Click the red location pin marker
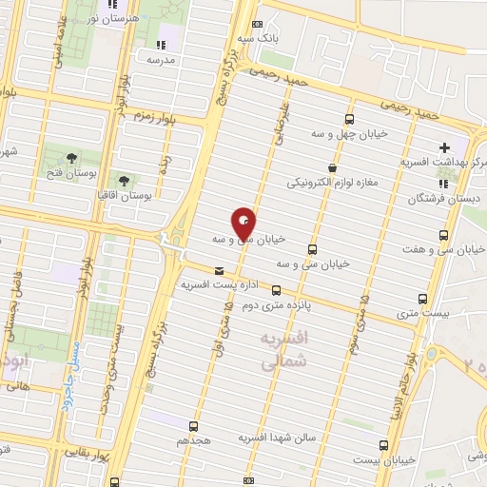click(x=244, y=223)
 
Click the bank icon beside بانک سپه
click(x=256, y=26)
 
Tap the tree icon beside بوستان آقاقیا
click(x=123, y=180)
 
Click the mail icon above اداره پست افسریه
click(x=220, y=270)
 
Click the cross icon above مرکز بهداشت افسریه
click(x=444, y=147)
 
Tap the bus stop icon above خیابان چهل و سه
click(x=349, y=120)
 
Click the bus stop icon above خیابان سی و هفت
click(x=443, y=235)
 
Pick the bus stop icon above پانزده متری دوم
click(x=276, y=291)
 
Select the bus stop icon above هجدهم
click(x=195, y=426)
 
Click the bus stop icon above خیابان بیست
click(x=383, y=444)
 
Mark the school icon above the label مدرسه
click(x=160, y=44)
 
